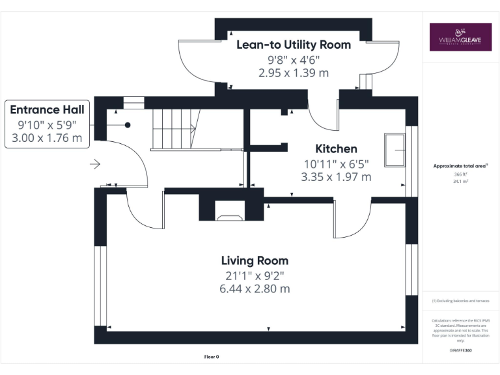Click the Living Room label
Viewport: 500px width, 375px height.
[255, 260]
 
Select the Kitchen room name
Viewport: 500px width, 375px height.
[336, 148]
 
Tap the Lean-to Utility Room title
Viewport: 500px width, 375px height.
[293, 44]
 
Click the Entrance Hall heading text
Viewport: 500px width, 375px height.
[47, 109]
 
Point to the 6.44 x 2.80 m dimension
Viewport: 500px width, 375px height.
[255, 288]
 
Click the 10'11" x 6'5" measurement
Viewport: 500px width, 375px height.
[336, 163]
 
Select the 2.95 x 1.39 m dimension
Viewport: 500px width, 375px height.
[293, 72]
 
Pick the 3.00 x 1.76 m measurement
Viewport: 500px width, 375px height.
[47, 137]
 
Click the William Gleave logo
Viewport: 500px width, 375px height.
[460, 36]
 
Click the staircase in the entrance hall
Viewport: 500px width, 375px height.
[174, 129]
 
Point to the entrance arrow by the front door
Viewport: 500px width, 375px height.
[94, 165]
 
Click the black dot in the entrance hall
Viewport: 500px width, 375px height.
[128, 125]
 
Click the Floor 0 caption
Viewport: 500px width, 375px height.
[212, 357]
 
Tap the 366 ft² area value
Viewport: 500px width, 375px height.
[460, 174]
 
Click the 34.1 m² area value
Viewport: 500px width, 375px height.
[460, 182]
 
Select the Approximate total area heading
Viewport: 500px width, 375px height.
[460, 166]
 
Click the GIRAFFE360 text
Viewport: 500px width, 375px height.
[460, 350]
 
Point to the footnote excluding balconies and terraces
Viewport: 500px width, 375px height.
[460, 301]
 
